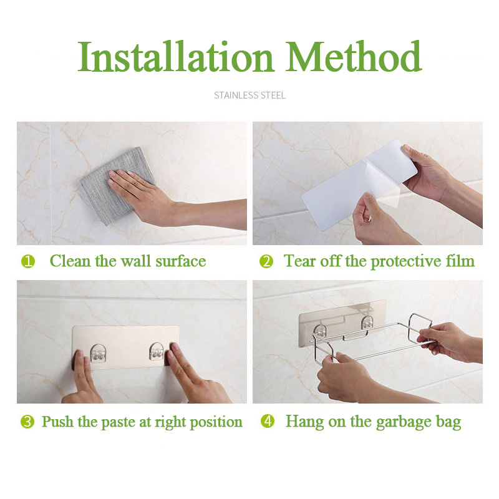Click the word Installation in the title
(x=176, y=56)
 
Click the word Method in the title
(x=354, y=56)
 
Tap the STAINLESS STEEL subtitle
(x=249, y=95)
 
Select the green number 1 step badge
(x=28, y=261)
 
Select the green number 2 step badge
(x=266, y=261)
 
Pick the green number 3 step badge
(x=27, y=422)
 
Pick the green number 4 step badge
(x=268, y=422)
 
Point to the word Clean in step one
(x=70, y=261)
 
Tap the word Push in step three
(x=58, y=422)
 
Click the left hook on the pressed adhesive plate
(x=98, y=353)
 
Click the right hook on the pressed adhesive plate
(x=157, y=352)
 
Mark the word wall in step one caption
(x=136, y=261)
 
